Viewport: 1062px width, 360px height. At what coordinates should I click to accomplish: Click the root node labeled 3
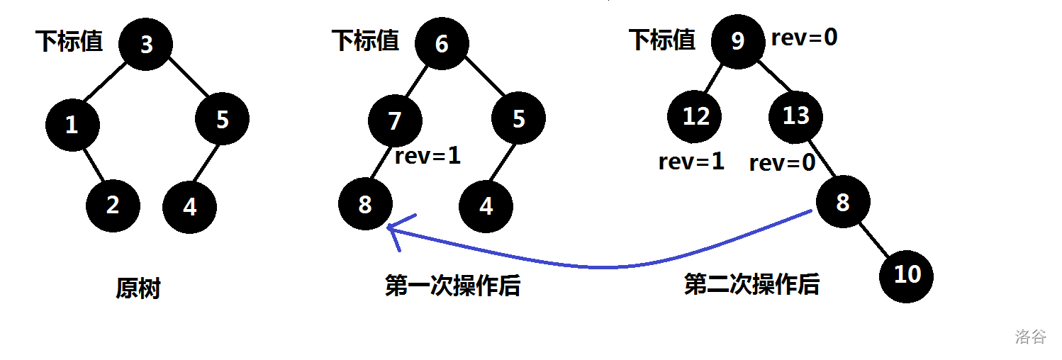pos(146,44)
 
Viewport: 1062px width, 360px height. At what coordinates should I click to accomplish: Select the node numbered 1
pos(72,125)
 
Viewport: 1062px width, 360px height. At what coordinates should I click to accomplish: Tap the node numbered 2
pos(113,206)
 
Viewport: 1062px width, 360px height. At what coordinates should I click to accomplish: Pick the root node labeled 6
pos(442,43)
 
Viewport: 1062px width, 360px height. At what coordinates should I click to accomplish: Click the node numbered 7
pos(395,121)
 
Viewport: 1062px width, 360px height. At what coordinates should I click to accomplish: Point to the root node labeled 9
pos(737,42)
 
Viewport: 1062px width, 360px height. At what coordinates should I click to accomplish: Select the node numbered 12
pos(695,116)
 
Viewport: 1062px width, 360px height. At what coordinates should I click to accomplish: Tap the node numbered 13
pos(795,115)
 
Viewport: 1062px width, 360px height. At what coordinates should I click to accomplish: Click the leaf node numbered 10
pos(906,275)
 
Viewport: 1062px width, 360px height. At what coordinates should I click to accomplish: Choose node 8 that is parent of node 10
pos(842,203)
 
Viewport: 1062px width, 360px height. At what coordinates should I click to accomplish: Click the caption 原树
pos(138,288)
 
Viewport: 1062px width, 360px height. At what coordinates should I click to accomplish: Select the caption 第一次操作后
pos(452,286)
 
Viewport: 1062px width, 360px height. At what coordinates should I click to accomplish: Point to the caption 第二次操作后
pos(751,285)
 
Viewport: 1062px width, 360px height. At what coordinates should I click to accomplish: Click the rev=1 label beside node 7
pos(427,156)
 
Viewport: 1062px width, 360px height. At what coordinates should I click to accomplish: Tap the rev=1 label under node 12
pos(691,162)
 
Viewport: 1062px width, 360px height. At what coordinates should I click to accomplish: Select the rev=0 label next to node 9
pos(804,38)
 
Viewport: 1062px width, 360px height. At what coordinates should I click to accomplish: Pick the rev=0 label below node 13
pos(782,164)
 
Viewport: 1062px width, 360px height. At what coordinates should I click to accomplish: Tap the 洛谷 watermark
pos(1030,336)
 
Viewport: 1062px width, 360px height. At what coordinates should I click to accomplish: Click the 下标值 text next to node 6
pos(365,40)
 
